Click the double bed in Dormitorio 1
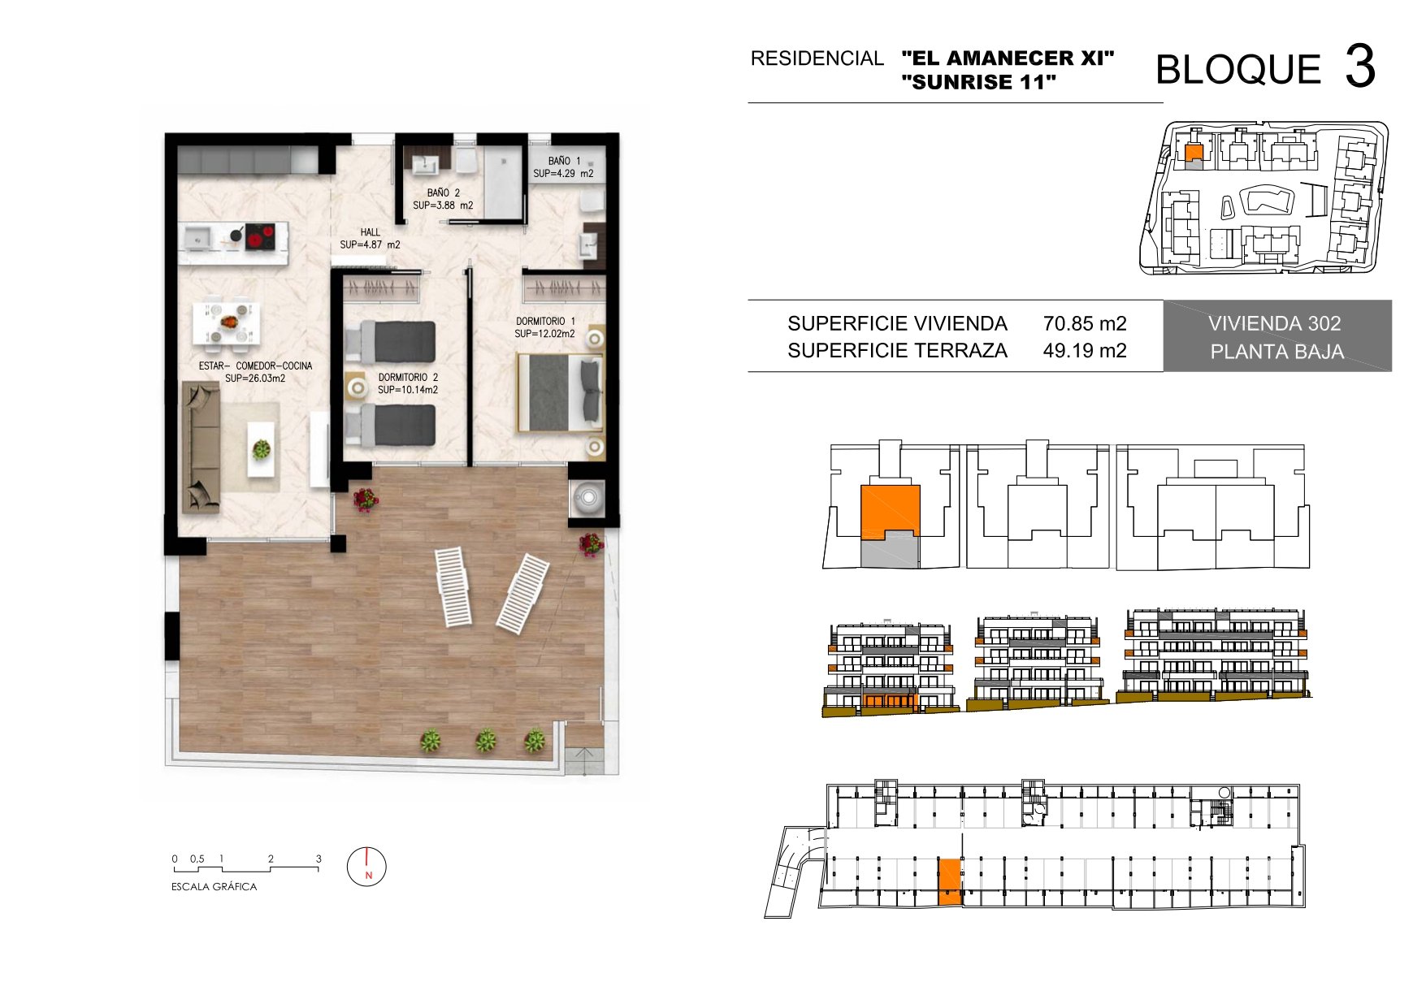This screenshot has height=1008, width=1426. (x=561, y=393)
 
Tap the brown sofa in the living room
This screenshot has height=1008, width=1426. (x=201, y=448)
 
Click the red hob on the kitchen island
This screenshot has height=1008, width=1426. (x=259, y=238)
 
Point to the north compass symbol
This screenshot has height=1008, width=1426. (x=366, y=867)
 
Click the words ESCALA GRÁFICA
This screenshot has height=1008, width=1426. (x=214, y=887)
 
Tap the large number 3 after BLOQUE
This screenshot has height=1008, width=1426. (x=1359, y=67)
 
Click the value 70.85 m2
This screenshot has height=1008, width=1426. (x=1085, y=323)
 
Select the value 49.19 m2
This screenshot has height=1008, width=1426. (x=1085, y=350)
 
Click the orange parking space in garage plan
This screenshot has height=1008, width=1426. (x=949, y=881)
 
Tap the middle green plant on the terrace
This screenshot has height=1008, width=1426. (x=485, y=740)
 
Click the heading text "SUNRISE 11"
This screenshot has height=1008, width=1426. (x=979, y=82)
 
